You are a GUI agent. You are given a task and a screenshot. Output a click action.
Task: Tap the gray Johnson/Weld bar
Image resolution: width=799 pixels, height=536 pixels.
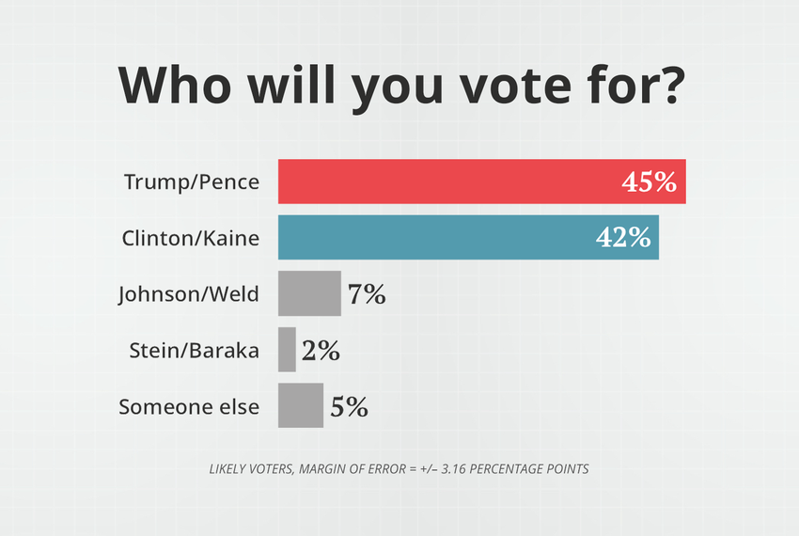(309, 293)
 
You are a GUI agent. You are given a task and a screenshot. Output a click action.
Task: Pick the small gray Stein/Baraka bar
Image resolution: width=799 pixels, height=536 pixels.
(287, 350)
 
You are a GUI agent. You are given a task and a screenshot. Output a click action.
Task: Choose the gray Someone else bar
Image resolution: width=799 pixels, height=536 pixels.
(301, 406)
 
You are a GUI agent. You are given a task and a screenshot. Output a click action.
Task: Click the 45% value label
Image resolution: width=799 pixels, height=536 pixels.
(650, 182)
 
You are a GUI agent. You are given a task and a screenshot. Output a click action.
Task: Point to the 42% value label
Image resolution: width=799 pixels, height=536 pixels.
(624, 238)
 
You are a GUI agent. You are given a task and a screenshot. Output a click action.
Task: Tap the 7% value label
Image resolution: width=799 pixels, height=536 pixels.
(367, 294)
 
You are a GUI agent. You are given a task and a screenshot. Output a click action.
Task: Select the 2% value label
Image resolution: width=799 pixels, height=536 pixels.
(321, 351)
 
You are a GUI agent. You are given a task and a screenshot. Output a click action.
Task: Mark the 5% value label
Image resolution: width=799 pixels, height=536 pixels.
(349, 407)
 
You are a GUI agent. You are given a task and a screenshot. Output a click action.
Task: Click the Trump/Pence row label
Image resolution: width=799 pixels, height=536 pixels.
(191, 181)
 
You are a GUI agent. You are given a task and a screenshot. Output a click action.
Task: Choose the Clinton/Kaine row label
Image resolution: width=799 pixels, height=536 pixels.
(190, 238)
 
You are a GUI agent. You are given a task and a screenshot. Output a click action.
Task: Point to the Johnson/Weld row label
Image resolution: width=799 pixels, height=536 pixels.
(188, 294)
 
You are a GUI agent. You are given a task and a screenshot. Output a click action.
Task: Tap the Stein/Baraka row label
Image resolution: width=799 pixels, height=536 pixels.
(194, 351)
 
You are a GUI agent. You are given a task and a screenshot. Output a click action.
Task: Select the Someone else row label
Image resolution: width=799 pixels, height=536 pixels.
(188, 407)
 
